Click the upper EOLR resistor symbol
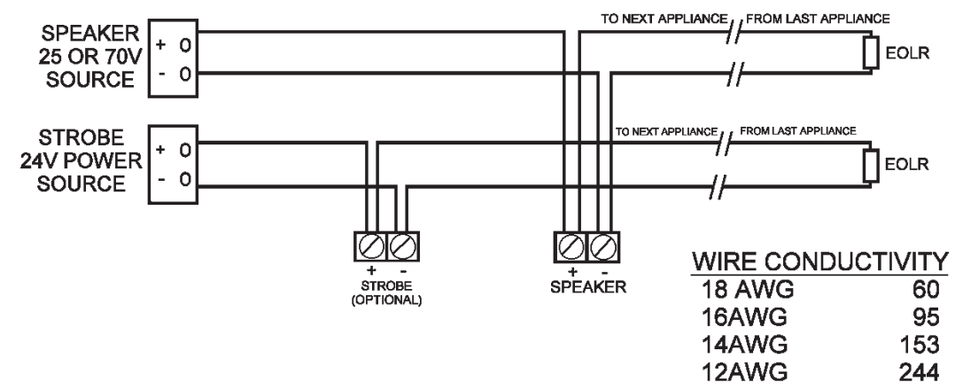click(x=870, y=55)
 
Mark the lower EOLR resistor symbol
click(x=870, y=164)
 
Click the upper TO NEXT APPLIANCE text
click(x=672, y=18)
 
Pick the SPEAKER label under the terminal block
click(x=585, y=286)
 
